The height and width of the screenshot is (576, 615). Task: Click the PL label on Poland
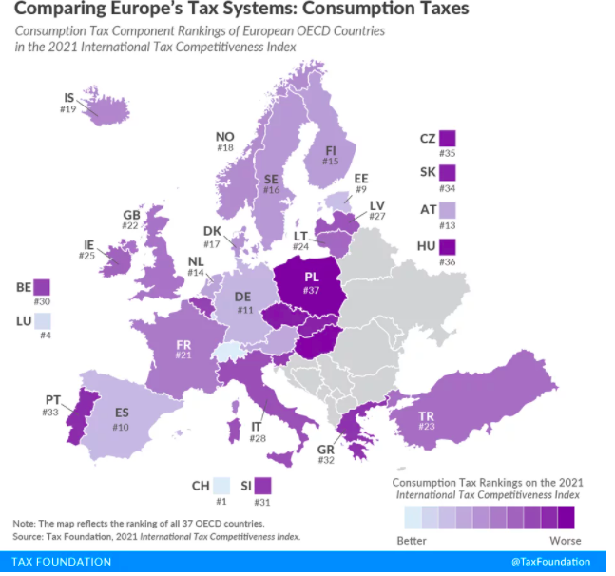[x=311, y=277]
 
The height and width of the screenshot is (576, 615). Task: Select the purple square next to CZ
[x=449, y=139]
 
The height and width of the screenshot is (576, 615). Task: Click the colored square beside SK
[x=449, y=173]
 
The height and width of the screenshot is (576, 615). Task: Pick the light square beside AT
[x=449, y=208]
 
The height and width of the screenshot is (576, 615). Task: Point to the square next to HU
[x=449, y=247]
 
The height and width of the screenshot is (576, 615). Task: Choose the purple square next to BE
[x=42, y=286]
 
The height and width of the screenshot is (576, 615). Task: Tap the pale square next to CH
[x=221, y=487]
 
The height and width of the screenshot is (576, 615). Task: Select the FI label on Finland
[x=330, y=149]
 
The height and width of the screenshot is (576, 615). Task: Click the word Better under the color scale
[x=412, y=541]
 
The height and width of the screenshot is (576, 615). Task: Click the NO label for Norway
[x=224, y=135]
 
